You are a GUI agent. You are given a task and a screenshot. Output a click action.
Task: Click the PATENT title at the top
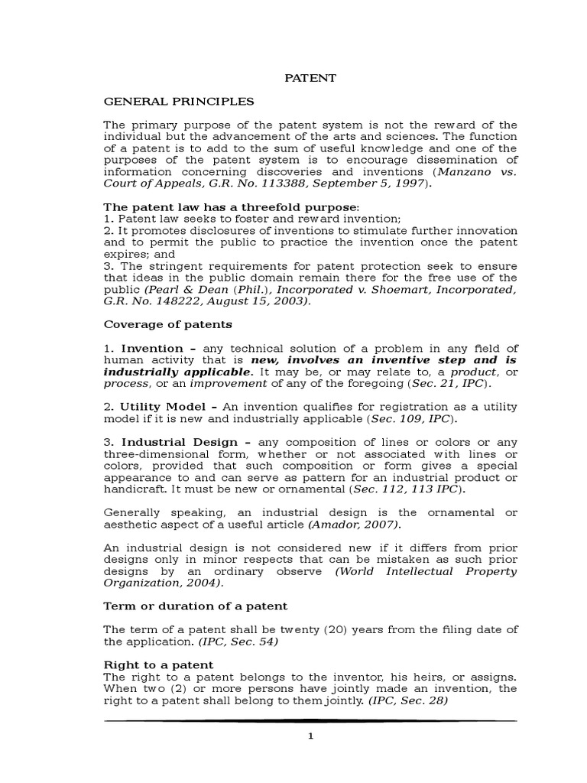[x=310, y=78]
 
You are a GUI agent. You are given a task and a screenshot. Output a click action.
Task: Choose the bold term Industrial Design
[x=172, y=442]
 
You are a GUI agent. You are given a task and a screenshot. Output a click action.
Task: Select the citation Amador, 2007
[x=352, y=525]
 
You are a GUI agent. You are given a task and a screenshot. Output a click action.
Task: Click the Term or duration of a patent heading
[x=195, y=606]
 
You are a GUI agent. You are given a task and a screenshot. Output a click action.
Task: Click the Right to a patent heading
[x=158, y=664]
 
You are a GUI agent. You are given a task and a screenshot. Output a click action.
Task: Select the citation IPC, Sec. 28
[x=407, y=700]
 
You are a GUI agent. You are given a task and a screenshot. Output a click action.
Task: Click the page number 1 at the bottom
[x=310, y=736]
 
